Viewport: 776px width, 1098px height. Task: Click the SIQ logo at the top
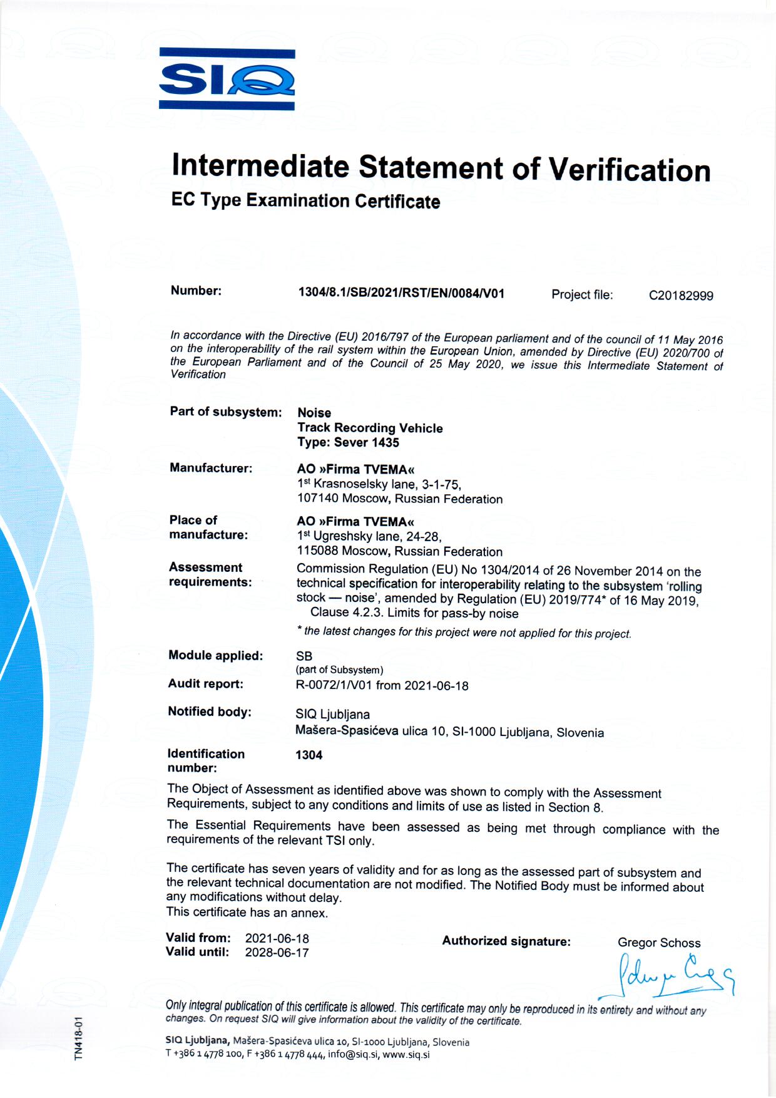pos(227,80)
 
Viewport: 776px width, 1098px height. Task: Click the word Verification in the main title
pos(630,169)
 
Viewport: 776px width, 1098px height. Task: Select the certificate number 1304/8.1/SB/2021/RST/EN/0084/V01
pos(401,293)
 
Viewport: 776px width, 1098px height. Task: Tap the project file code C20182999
pos(681,296)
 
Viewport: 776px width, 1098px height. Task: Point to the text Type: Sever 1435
pos(348,443)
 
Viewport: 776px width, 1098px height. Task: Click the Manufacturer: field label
pos(211,468)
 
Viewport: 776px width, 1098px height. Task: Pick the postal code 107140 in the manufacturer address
pos(317,499)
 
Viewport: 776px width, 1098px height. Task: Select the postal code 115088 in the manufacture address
pos(317,551)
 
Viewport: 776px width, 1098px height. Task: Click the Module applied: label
pos(215,656)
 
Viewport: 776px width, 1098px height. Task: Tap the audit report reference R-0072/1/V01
pos(334,685)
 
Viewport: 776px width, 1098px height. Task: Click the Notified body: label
pos(209,712)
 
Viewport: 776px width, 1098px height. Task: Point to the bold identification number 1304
pos(309,755)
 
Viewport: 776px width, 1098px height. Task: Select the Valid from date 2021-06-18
pos(277,938)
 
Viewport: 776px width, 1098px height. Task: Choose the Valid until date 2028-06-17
pos(277,953)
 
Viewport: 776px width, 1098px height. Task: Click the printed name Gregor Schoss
pos(659,943)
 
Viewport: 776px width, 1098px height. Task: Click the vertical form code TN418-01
pos(79,1038)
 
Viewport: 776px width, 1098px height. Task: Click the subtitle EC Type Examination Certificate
pos(305,200)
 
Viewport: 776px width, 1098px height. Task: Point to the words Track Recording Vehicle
pos(370,428)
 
